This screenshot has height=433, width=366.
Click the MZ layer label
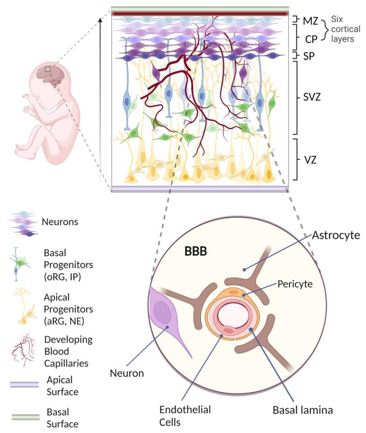(310, 20)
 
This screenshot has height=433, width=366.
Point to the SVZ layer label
(313, 98)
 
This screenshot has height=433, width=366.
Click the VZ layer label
(310, 159)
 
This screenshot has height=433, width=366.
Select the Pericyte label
(294, 285)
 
